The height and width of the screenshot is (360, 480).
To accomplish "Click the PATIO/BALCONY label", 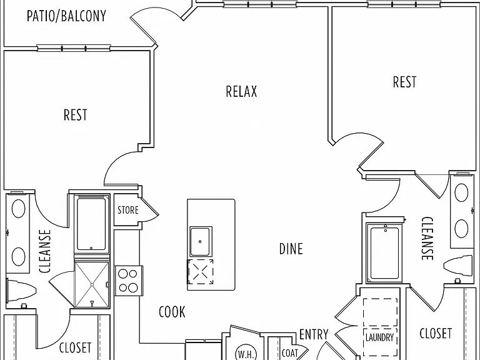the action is [66, 16].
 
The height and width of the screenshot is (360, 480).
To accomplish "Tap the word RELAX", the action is [241, 91].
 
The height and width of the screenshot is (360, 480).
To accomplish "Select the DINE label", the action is [291, 249].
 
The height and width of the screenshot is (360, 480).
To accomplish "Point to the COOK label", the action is [172, 312].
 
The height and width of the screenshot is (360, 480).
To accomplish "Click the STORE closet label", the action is [128, 210].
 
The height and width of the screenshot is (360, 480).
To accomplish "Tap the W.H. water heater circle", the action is [246, 353].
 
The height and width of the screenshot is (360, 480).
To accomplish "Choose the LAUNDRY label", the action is [379, 337].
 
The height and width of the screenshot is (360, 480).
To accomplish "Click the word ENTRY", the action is [314, 334].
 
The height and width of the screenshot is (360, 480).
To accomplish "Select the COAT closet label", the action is [289, 353].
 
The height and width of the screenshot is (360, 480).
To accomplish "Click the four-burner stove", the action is [129, 281].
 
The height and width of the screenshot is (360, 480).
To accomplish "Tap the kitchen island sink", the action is [201, 241].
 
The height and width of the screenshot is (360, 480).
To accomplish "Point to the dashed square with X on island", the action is [201, 271].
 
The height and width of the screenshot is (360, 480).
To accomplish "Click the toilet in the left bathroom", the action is [21, 292].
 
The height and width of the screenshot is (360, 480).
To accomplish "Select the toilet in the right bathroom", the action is [458, 266].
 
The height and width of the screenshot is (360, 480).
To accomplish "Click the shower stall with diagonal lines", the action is [92, 284].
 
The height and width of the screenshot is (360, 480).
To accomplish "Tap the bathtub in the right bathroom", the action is [384, 252].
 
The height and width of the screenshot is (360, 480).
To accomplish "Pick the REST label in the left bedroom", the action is [75, 115].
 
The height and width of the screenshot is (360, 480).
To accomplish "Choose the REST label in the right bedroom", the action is [405, 82].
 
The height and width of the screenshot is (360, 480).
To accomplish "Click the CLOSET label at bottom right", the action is [436, 333].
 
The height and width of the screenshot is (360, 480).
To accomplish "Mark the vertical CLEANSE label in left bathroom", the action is [45, 251].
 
